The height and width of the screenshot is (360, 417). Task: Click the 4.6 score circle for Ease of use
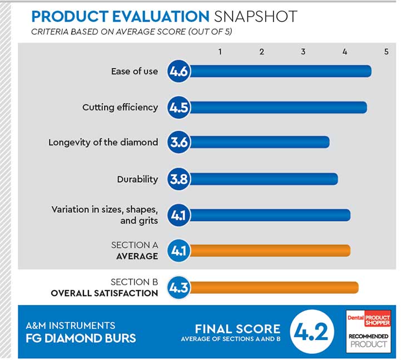pos(179,71)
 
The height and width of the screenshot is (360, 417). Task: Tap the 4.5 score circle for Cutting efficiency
pos(179,107)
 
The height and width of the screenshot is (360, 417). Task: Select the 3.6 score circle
pos(179,142)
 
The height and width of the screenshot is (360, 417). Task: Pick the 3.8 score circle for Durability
pos(179,179)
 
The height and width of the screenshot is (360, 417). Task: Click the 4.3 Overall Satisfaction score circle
pos(179,287)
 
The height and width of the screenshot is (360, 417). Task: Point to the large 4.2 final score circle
pos(313,332)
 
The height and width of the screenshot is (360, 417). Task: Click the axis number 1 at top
pos(220,52)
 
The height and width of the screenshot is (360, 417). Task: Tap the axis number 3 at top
pos(303,52)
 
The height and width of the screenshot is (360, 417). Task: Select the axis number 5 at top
pos(386,52)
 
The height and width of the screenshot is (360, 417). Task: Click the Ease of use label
pos(135,71)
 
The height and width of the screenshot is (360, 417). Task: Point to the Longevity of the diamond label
pos(103,142)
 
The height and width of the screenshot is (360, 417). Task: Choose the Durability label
pos(137,179)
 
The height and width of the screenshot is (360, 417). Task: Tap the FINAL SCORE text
pos(237,328)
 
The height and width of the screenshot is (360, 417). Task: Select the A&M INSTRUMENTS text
pos(71,326)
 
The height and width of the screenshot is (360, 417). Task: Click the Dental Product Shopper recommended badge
pos(368,331)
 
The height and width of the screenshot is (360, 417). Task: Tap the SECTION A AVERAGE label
pos(135,251)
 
